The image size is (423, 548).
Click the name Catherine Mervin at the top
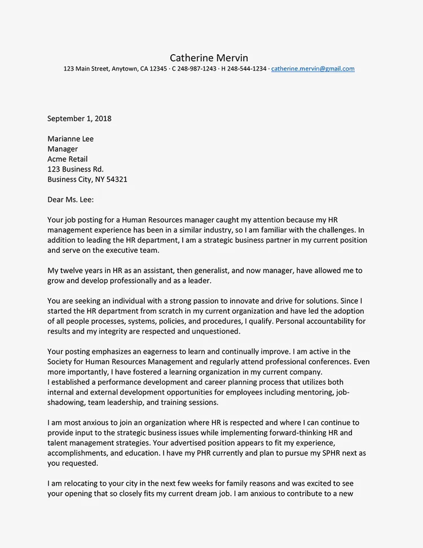(x=209, y=58)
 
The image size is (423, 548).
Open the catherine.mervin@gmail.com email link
(x=313, y=69)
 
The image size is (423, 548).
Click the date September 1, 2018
(x=80, y=119)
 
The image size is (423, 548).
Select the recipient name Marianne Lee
(x=70, y=139)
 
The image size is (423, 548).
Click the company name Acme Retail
(x=68, y=159)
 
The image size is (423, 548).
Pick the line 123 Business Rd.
(x=76, y=169)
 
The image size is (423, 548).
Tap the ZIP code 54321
(x=115, y=179)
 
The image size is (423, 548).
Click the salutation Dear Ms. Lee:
(x=74, y=199)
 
